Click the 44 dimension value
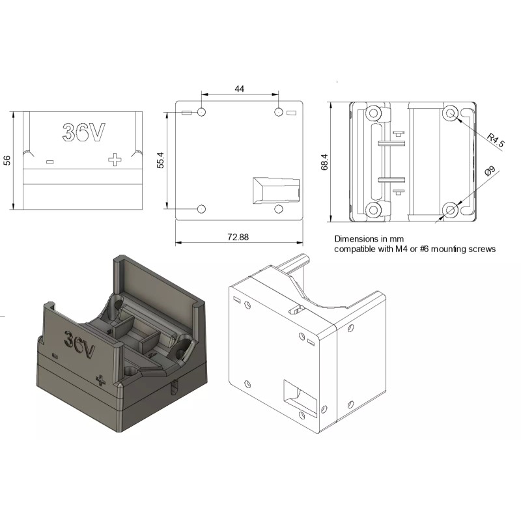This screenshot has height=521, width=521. point(239,89)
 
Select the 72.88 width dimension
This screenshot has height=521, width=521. point(238,237)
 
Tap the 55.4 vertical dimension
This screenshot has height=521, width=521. point(160,160)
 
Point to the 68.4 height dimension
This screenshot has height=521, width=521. point(324,162)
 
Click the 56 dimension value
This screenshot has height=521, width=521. point(7,160)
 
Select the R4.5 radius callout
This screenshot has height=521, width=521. point(496,140)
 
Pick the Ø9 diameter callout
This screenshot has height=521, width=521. point(490,171)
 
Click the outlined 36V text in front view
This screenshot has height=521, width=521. point(84,132)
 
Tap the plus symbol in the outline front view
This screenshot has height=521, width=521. point(115,160)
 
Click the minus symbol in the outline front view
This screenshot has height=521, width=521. point(50,162)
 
